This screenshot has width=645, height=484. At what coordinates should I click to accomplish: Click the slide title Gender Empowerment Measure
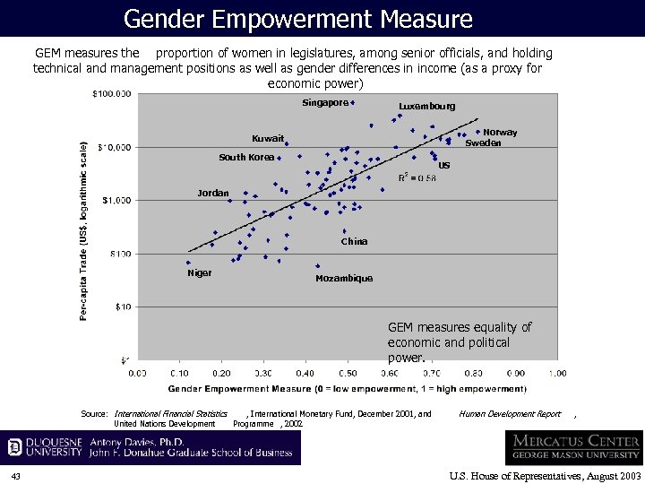(297, 18)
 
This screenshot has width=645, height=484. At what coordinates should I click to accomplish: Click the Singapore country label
(324, 103)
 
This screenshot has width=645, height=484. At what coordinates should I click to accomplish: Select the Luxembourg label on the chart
(426, 107)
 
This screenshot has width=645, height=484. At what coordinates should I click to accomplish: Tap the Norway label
(500, 133)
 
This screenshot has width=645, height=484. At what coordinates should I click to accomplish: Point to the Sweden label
(483, 143)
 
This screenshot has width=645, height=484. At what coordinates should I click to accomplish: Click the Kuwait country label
(267, 139)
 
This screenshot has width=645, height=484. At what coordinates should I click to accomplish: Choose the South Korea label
(246, 158)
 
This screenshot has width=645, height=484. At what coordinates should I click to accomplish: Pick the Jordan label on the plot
(213, 194)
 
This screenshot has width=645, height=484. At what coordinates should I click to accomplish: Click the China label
(354, 242)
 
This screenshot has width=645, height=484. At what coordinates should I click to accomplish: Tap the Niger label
(199, 273)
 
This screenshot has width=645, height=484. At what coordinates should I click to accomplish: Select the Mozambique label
(344, 279)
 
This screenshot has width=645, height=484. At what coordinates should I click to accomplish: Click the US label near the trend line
(444, 166)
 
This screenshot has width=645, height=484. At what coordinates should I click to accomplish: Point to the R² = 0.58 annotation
(417, 178)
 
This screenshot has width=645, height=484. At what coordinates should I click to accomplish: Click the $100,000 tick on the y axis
(112, 93)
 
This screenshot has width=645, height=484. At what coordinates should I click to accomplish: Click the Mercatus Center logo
(573, 446)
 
